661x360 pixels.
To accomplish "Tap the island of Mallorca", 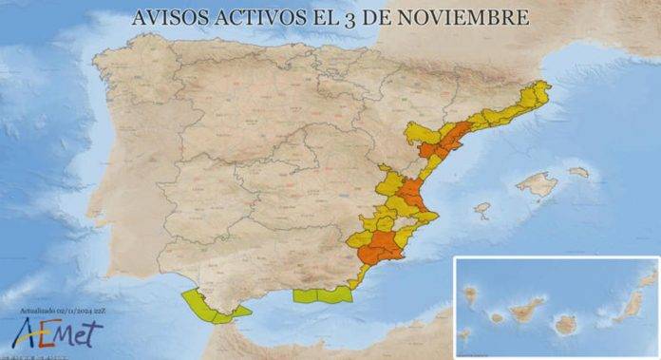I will (x=538, y=183).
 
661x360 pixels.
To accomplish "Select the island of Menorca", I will (x=578, y=172).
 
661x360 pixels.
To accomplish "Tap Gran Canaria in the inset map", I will (x=566, y=324).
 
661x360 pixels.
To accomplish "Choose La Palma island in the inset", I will (x=470, y=294).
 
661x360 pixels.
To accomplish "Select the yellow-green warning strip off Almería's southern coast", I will (x=322, y=295).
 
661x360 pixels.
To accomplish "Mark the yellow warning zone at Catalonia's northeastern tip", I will (x=538, y=93).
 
